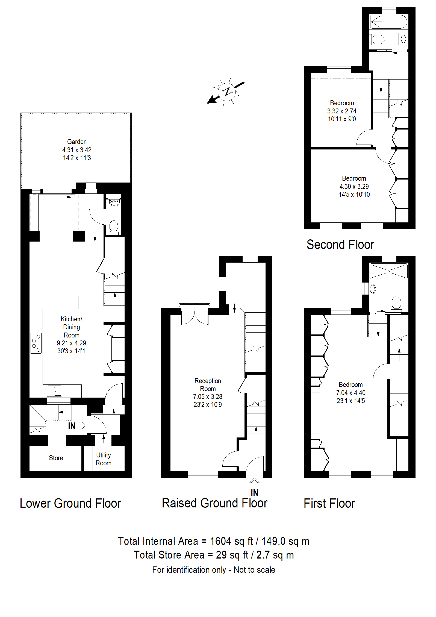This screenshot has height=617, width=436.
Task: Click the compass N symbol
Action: click(227, 92)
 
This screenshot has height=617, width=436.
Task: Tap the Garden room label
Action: click(77, 142)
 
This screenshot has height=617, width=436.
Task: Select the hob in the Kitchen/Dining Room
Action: click(36, 343)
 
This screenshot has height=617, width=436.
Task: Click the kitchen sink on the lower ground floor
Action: click(54, 391)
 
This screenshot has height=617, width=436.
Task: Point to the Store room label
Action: click(56, 458)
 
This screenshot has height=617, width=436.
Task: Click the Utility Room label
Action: click(104, 459)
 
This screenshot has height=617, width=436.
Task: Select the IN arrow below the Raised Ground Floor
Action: click(254, 482)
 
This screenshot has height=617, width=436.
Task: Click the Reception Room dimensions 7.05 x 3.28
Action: click(208, 396)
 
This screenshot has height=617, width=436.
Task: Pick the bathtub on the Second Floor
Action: click(388, 22)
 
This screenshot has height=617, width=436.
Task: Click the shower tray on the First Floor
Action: click(388, 271)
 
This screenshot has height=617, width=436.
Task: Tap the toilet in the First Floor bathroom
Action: click(396, 304)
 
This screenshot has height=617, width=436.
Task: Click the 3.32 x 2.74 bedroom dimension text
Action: click(342, 111)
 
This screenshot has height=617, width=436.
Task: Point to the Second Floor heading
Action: click(340, 245)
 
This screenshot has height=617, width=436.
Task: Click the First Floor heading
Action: click(329, 503)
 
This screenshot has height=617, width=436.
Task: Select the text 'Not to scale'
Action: click(254, 570)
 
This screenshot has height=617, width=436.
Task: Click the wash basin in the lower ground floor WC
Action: click(114, 202)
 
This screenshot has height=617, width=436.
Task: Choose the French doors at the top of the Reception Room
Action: click(195, 314)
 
